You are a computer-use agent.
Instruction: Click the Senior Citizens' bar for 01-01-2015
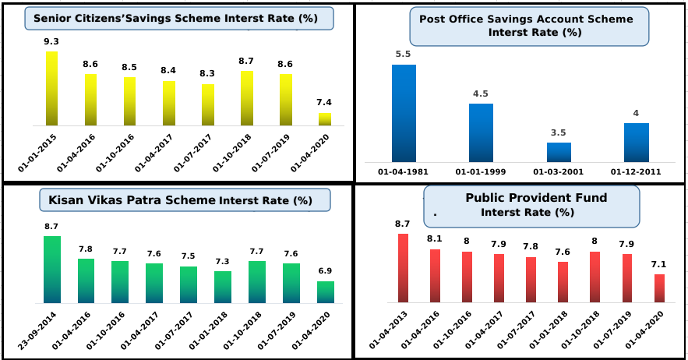(x=51, y=88)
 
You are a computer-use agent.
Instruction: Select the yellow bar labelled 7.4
(x=324, y=119)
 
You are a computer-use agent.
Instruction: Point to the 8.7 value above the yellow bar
(x=246, y=60)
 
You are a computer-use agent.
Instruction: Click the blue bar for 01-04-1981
(x=404, y=113)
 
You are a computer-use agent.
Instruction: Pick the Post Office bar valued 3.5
(x=559, y=152)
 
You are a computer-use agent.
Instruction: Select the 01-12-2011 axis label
(x=635, y=172)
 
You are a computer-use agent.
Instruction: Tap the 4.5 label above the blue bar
(x=481, y=94)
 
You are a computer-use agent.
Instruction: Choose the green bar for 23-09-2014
(x=52, y=269)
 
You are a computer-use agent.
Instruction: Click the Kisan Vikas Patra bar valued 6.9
(x=326, y=291)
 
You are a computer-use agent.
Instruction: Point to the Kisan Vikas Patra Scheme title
(x=185, y=200)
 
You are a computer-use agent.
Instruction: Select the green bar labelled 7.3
(x=223, y=287)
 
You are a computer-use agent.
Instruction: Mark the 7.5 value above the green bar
(x=189, y=256)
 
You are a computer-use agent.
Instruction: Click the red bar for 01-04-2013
(x=403, y=267)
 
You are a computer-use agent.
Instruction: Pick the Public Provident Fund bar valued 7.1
(x=659, y=288)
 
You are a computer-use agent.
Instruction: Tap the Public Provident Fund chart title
(x=531, y=205)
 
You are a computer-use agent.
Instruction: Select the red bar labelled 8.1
(x=435, y=275)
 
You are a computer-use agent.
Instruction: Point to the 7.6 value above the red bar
(x=563, y=251)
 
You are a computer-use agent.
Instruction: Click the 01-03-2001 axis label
(x=558, y=172)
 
